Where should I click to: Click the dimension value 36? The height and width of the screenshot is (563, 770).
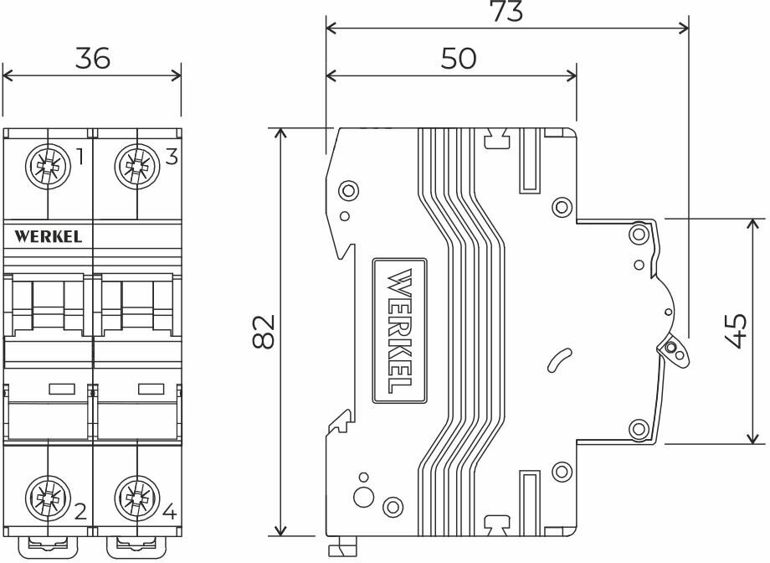[93, 59]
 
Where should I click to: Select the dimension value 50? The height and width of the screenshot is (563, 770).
[458, 59]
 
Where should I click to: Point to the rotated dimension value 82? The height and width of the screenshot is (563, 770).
[262, 333]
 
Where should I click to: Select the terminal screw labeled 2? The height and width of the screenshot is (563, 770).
[47, 500]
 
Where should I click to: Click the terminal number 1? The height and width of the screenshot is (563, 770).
[80, 157]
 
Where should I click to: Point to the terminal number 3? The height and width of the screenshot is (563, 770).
[171, 157]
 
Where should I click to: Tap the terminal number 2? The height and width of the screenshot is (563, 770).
[80, 511]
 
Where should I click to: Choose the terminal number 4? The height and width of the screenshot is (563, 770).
[169, 511]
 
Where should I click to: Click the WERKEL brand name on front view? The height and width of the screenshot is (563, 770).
[49, 236]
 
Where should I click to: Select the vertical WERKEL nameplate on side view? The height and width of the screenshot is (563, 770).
[399, 330]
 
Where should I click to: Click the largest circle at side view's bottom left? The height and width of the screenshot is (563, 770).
[364, 496]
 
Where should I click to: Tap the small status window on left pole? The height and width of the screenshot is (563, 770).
[61, 388]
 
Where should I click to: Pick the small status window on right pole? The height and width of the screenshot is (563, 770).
[150, 388]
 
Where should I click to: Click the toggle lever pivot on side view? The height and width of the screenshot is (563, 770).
[672, 348]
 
